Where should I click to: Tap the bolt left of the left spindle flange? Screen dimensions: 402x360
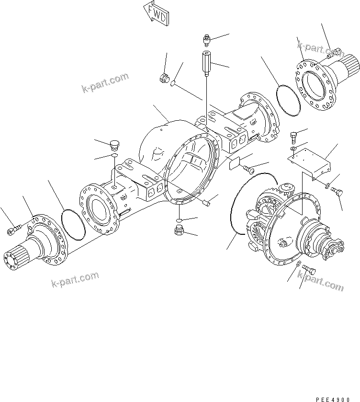tap(12, 231)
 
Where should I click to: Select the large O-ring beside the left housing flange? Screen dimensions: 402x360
tap(73, 223)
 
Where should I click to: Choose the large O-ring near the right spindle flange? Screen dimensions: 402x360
tap(289, 100)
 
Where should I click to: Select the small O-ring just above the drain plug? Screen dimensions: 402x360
tap(179, 220)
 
